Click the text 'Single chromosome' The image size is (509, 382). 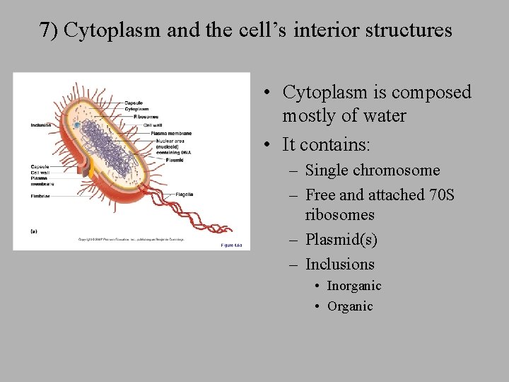pyautogui.click(x=372, y=170)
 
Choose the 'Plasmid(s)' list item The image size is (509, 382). pyautogui.click(x=341, y=240)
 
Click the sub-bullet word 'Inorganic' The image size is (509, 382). pyautogui.click(x=353, y=286)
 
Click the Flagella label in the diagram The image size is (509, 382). pyautogui.click(x=184, y=195)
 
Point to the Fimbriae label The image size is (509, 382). pyautogui.click(x=40, y=196)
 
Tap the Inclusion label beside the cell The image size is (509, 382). pyautogui.click(x=41, y=125)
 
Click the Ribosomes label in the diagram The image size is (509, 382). pyautogui.click(x=146, y=117)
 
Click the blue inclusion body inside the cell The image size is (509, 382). pyautogui.click(x=76, y=125)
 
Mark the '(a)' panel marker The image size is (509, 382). pyautogui.click(x=33, y=230)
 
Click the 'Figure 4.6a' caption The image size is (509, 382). pyautogui.click(x=231, y=245)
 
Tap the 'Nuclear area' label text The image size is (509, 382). pyautogui.click(x=170, y=140)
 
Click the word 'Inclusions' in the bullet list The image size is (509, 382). pyautogui.click(x=339, y=265)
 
